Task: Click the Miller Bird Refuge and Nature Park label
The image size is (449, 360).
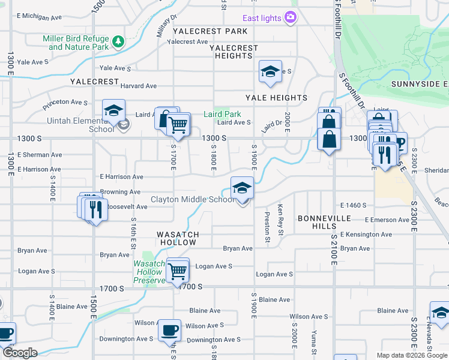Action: (75, 43)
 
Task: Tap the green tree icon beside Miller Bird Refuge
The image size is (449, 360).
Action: (119, 41)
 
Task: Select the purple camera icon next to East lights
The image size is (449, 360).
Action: (291, 17)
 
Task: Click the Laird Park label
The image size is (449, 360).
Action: (222, 114)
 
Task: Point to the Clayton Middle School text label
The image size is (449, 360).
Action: (192, 199)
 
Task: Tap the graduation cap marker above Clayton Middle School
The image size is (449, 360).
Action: (242, 188)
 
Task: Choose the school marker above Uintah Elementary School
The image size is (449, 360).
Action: (113, 110)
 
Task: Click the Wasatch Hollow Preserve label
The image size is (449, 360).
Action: (149, 272)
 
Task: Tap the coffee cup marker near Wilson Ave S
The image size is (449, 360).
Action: (169, 329)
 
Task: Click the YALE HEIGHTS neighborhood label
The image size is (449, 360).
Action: (276, 98)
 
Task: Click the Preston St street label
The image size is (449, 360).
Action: (268, 226)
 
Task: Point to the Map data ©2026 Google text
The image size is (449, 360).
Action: (412, 355)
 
